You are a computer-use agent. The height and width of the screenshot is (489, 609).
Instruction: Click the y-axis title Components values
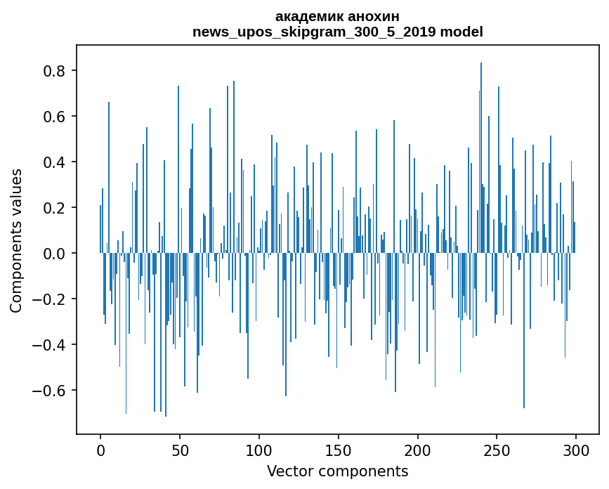point(16,240)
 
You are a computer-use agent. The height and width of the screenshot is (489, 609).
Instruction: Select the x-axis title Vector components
point(337,471)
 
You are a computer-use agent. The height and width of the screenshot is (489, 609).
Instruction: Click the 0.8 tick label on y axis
point(55,71)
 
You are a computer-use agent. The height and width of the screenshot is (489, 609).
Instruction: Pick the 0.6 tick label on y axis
point(55,117)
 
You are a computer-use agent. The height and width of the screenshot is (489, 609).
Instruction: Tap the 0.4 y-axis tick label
point(55,162)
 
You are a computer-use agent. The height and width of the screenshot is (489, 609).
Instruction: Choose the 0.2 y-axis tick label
point(55,208)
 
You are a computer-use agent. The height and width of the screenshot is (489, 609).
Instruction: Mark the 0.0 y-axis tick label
point(55,254)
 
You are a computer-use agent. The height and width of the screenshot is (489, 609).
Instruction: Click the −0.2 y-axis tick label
point(49,299)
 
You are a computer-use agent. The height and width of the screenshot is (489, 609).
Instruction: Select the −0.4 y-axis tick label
point(49,345)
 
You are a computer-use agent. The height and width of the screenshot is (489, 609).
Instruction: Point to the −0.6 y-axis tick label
point(49,391)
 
